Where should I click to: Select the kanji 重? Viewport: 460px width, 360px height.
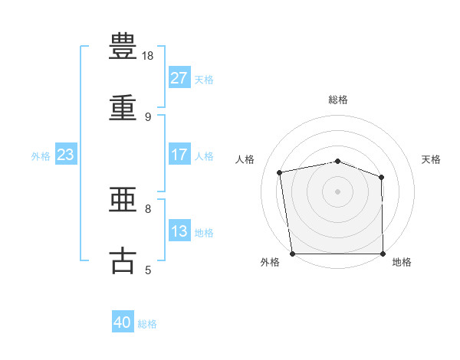[x=123, y=108]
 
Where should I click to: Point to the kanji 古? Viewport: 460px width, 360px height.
[x=123, y=261]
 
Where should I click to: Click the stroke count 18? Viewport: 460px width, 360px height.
[x=149, y=56]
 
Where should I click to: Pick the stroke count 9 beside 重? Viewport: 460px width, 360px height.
[x=148, y=117]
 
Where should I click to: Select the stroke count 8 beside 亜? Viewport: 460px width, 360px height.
[x=148, y=208]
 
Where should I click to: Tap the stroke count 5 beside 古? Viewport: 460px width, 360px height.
[x=148, y=270]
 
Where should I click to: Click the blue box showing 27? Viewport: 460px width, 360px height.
[x=179, y=79]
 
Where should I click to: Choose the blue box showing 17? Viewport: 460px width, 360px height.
[x=179, y=155]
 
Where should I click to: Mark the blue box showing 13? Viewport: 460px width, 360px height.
[x=179, y=231]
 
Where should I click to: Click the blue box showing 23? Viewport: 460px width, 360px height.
[x=65, y=155]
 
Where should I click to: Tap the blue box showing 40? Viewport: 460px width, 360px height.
[x=123, y=323]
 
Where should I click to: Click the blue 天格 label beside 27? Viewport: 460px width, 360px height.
[x=204, y=80]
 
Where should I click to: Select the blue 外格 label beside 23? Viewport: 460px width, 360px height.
[x=41, y=155]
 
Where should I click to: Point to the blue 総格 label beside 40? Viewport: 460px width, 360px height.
[x=148, y=324]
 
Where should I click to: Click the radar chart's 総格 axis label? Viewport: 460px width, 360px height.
[x=338, y=100]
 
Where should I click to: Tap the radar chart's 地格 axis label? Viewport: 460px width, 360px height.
[x=402, y=262]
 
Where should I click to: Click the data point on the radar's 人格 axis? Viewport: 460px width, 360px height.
[x=281, y=172]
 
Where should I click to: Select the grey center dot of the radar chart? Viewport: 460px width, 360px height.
[x=338, y=191]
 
